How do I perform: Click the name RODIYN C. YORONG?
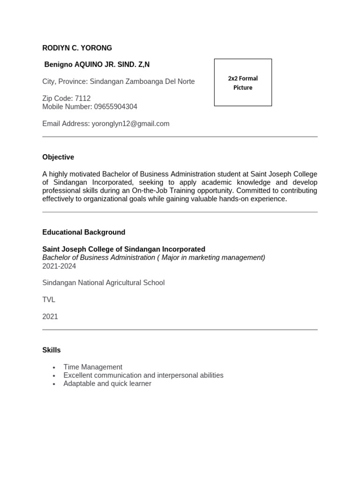77,48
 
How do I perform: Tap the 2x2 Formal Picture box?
243,82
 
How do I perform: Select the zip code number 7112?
82,98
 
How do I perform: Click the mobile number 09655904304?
115,107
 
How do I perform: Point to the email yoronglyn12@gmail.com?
130,124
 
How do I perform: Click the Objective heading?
58,157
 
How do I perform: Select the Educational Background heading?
83,232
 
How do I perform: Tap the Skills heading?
51,350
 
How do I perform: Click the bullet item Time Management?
93,367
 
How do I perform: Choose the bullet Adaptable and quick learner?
107,383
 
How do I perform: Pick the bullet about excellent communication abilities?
143,375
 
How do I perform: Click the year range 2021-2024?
59,266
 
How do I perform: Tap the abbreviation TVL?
49,300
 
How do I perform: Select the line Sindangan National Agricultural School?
103,283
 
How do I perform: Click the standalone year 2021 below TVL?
50,316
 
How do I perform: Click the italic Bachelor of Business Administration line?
153,258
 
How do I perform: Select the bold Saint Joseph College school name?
124,249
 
